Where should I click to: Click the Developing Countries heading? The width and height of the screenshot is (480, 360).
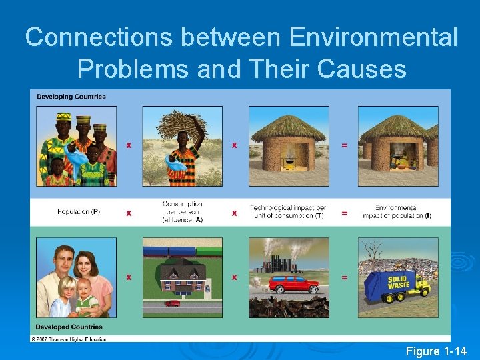71,97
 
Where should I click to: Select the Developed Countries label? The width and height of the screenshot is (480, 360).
69,327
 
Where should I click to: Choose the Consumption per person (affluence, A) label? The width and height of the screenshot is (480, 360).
182,211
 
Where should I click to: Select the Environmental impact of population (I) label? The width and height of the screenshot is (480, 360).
397,212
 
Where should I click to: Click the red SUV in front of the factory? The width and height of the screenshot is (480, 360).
294,285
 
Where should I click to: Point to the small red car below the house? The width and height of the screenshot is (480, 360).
172,303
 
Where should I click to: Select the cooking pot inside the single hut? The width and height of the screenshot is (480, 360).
289,160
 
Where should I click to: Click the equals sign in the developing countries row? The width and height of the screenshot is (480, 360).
344,145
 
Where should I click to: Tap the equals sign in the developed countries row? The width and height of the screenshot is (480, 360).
344,277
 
